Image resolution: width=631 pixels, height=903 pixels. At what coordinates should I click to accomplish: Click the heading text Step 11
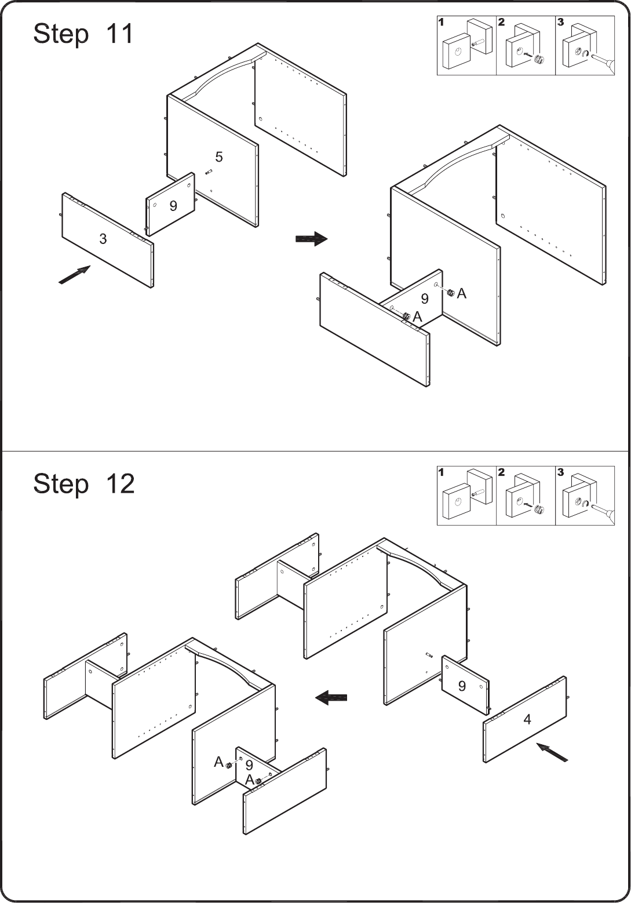tap(83, 34)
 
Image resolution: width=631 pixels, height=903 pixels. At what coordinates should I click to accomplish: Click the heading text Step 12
tap(84, 483)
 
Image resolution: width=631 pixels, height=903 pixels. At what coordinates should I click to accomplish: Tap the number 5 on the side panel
tap(219, 157)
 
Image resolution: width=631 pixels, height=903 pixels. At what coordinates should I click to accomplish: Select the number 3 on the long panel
tap(103, 239)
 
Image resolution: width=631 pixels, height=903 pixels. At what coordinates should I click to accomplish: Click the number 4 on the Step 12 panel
tap(527, 719)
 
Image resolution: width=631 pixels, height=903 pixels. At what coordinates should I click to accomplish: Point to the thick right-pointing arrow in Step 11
tap(312, 239)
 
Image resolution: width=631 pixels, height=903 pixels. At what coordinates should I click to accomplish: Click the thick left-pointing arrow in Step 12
tap(331, 697)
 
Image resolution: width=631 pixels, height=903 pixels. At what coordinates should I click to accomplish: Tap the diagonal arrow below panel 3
tap(75, 275)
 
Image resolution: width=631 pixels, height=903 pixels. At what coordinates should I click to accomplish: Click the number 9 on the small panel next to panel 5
tap(173, 206)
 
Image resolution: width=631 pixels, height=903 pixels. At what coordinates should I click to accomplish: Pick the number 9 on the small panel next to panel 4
tap(462, 686)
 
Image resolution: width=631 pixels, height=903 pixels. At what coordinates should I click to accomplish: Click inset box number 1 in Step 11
tap(466, 46)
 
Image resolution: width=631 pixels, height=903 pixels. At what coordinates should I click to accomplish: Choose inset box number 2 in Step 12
tap(526, 496)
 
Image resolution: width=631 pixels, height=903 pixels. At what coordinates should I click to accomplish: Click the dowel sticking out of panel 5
tap(209, 172)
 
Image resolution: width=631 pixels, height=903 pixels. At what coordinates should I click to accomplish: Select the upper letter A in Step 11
tap(462, 294)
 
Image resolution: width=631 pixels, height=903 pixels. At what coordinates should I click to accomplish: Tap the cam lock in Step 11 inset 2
tap(539, 59)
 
